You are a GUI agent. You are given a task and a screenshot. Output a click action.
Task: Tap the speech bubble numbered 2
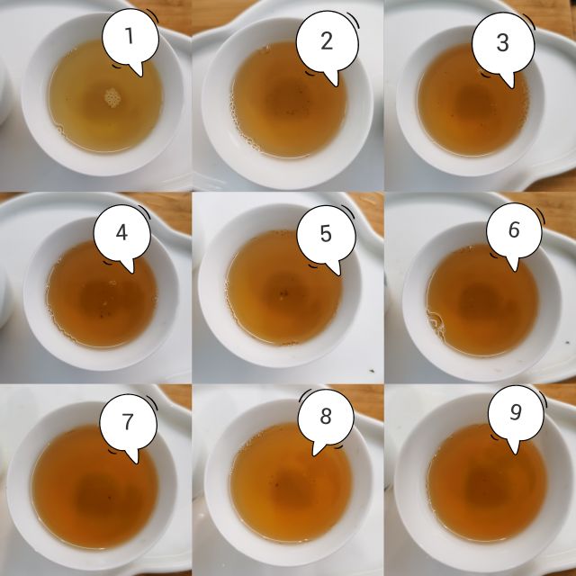click(326, 41)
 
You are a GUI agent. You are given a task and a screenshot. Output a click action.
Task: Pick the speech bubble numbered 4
click(122, 234)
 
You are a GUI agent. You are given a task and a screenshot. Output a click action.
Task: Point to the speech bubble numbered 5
click(326, 235)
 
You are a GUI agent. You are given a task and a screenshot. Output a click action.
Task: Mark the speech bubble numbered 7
click(128, 422)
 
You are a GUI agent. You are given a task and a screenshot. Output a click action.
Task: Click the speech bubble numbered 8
click(326, 418)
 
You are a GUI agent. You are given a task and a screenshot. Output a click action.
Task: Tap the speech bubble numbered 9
click(516, 414)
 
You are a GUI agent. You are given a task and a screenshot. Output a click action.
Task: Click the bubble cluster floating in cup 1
click(112, 96)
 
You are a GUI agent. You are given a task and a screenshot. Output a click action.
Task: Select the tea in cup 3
click(459, 112)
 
